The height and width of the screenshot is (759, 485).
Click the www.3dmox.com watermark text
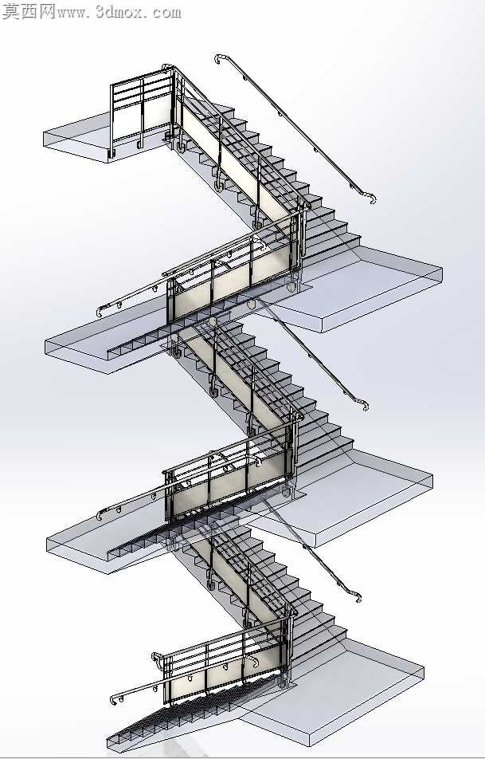coord(119,12)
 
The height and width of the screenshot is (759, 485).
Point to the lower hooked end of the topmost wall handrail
coord(371,198)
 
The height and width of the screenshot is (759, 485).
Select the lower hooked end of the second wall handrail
coord(364,404)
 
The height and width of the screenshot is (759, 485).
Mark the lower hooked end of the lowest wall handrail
coord(356,596)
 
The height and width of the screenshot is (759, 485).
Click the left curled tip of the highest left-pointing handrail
coord(100,311)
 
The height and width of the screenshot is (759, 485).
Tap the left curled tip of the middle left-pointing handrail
coord(100,515)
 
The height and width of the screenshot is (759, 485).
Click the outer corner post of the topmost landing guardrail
coord(112,119)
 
